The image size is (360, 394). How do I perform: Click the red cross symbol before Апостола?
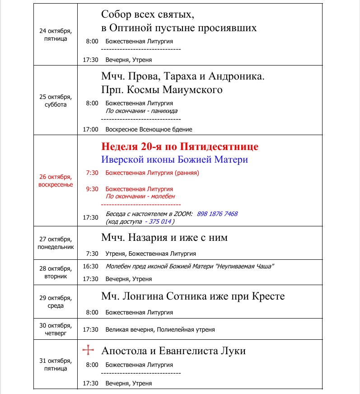(x=89, y=351)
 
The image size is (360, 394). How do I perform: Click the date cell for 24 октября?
(x=55, y=35)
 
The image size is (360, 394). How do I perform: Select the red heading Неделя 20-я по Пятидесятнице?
(x=180, y=147)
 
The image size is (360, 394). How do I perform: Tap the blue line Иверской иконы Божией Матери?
(x=174, y=160)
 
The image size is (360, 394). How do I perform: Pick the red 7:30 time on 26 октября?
(x=92, y=173)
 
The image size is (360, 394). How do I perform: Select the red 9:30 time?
(x=92, y=189)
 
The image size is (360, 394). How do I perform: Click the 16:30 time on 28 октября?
(x=90, y=267)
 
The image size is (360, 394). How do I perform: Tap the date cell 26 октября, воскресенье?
(x=55, y=181)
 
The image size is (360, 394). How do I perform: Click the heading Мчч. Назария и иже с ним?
(x=164, y=238)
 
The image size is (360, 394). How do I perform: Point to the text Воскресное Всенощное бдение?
(x=149, y=129)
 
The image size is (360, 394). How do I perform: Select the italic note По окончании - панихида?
(x=141, y=111)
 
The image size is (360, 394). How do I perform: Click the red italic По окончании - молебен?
(x=140, y=197)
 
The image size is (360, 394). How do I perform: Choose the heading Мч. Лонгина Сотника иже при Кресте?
(x=193, y=297)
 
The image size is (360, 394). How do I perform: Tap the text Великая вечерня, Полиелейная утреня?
(x=160, y=330)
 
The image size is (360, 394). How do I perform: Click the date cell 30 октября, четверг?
(x=55, y=329)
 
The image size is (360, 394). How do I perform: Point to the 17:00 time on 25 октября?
(x=90, y=129)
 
